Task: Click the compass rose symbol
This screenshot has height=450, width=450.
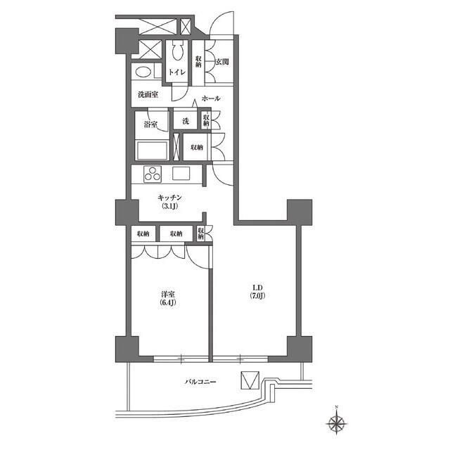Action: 337,423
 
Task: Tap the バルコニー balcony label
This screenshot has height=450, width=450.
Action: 200,382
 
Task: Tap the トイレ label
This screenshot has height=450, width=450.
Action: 176,72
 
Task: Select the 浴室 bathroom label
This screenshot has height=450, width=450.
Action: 150,124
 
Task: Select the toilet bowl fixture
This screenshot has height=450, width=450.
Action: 177,52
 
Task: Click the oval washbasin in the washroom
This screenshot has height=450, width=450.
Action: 143,72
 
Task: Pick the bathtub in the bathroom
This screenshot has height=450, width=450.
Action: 151,150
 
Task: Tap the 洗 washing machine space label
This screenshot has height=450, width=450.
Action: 186,121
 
